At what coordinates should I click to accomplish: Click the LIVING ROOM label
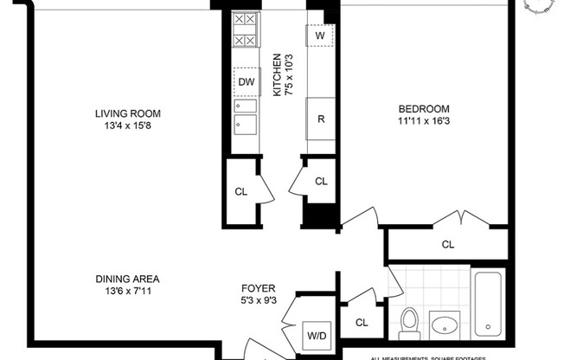128,112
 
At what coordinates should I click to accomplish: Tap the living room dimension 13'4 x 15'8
128,125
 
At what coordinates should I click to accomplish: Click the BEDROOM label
424,108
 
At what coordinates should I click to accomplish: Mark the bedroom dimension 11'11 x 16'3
424,121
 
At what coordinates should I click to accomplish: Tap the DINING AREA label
128,279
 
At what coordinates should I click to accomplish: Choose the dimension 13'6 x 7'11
128,292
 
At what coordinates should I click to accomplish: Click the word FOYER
260,289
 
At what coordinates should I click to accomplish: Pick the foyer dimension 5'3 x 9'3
260,302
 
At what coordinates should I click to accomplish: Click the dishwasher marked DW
246,81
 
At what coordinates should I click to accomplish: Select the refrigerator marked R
320,119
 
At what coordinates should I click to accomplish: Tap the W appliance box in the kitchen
319,36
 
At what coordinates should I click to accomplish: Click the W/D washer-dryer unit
314,335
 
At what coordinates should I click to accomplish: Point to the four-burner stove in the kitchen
245,29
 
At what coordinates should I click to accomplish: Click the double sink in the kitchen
246,116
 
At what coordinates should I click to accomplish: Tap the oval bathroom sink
447,327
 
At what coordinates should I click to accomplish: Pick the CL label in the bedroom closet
447,244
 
